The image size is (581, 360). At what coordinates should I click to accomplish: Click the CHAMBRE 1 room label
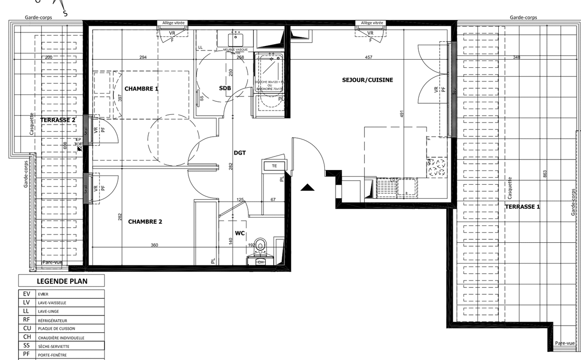pyautogui.click(x=141, y=89)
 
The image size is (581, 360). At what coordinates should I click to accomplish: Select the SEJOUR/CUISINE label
pyautogui.click(x=367, y=80)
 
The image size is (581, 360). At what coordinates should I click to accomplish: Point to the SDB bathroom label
pyautogui.click(x=225, y=88)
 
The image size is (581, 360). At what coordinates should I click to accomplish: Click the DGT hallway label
pyautogui.click(x=240, y=153)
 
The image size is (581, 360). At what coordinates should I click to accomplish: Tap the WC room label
pyautogui.click(x=239, y=234)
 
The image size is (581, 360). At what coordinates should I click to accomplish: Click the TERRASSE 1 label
pyautogui.click(x=522, y=206)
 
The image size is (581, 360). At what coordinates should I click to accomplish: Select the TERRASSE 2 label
pyautogui.click(x=58, y=120)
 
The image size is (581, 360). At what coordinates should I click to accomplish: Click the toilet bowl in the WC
pyautogui.click(x=260, y=244)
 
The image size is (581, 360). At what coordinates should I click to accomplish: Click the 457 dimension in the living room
pyautogui.click(x=368, y=58)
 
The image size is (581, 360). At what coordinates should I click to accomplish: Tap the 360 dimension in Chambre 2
pyautogui.click(x=154, y=245)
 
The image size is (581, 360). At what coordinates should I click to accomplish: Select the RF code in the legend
pyautogui.click(x=26, y=320)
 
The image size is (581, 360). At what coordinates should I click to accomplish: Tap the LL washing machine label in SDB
pyautogui.click(x=200, y=47)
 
